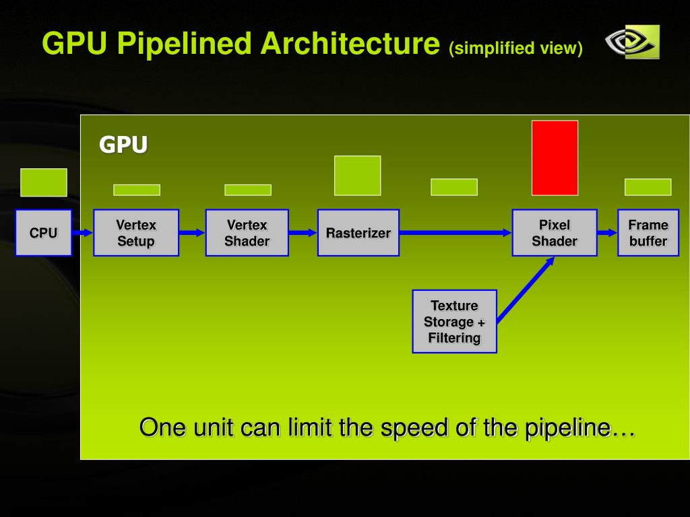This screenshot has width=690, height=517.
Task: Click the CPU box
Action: click(44, 232)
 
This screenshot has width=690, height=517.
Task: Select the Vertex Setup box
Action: click(136, 232)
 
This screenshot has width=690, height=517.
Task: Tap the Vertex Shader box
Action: click(247, 232)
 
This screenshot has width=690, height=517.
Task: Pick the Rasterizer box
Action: click(358, 232)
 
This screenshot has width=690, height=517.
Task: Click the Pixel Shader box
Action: click(555, 232)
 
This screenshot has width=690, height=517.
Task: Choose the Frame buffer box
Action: click(648, 232)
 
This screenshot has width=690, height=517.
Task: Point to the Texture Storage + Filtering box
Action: click(455, 321)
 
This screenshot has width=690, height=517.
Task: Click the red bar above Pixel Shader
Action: click(555, 158)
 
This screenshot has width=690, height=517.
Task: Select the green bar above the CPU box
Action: click(44, 182)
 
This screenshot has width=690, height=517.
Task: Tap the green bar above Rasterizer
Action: click(358, 176)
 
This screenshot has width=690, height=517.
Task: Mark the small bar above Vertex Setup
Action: click(137, 190)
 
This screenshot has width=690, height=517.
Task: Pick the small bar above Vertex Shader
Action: click(248, 190)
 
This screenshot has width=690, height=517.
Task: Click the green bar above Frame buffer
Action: click(648, 187)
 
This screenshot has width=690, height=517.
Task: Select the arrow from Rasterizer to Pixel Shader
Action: click(456, 232)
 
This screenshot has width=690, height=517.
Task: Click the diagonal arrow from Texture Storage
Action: click(526, 289)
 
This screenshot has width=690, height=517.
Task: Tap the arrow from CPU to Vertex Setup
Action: click(82, 232)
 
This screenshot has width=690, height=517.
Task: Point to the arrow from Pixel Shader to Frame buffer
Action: click(607, 232)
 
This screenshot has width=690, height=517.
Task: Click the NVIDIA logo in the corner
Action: click(632, 42)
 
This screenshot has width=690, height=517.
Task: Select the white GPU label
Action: click(123, 144)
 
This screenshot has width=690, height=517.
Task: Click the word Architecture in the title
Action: click(350, 43)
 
